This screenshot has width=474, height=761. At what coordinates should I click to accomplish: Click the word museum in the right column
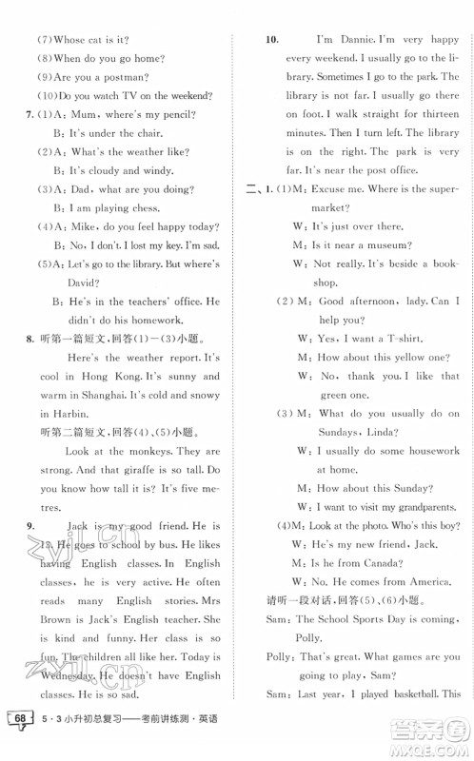pyautogui.click(x=383, y=245)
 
